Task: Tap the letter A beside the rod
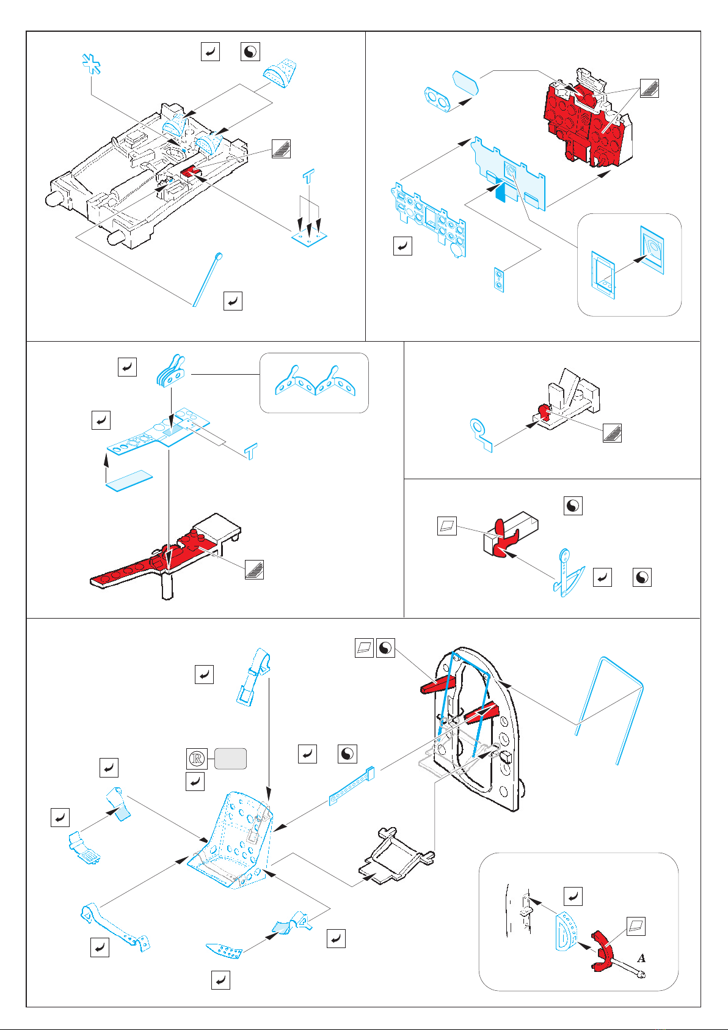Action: [x=642, y=958]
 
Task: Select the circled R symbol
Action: [x=197, y=759]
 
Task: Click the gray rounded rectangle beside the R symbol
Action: [x=230, y=759]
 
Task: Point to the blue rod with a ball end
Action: [x=207, y=279]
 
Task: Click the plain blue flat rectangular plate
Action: [x=129, y=480]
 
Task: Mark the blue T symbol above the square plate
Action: [x=309, y=178]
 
